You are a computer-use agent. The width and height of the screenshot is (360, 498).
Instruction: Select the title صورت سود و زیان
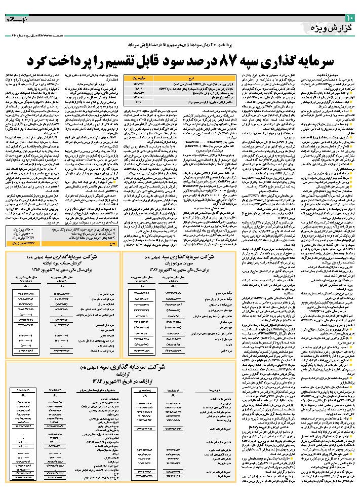click(175, 263)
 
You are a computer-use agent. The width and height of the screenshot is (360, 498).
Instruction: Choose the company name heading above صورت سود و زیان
click(175, 256)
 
